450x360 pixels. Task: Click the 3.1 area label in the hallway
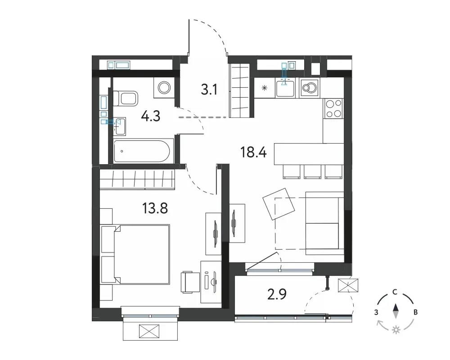(209, 90)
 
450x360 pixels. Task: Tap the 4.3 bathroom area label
(151, 117)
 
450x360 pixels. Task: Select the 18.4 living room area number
(253, 152)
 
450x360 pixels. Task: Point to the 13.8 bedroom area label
(155, 208)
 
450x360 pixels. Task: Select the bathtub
(144, 151)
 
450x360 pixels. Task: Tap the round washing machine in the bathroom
(164, 87)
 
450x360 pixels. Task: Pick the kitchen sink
(285, 88)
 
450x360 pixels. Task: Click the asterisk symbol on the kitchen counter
(265, 88)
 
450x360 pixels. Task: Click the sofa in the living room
(324, 223)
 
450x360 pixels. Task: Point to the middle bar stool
(313, 172)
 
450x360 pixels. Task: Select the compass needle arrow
(396, 311)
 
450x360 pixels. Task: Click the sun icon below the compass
(396, 330)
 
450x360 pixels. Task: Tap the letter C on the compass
(395, 292)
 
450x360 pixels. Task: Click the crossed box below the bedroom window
(149, 331)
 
